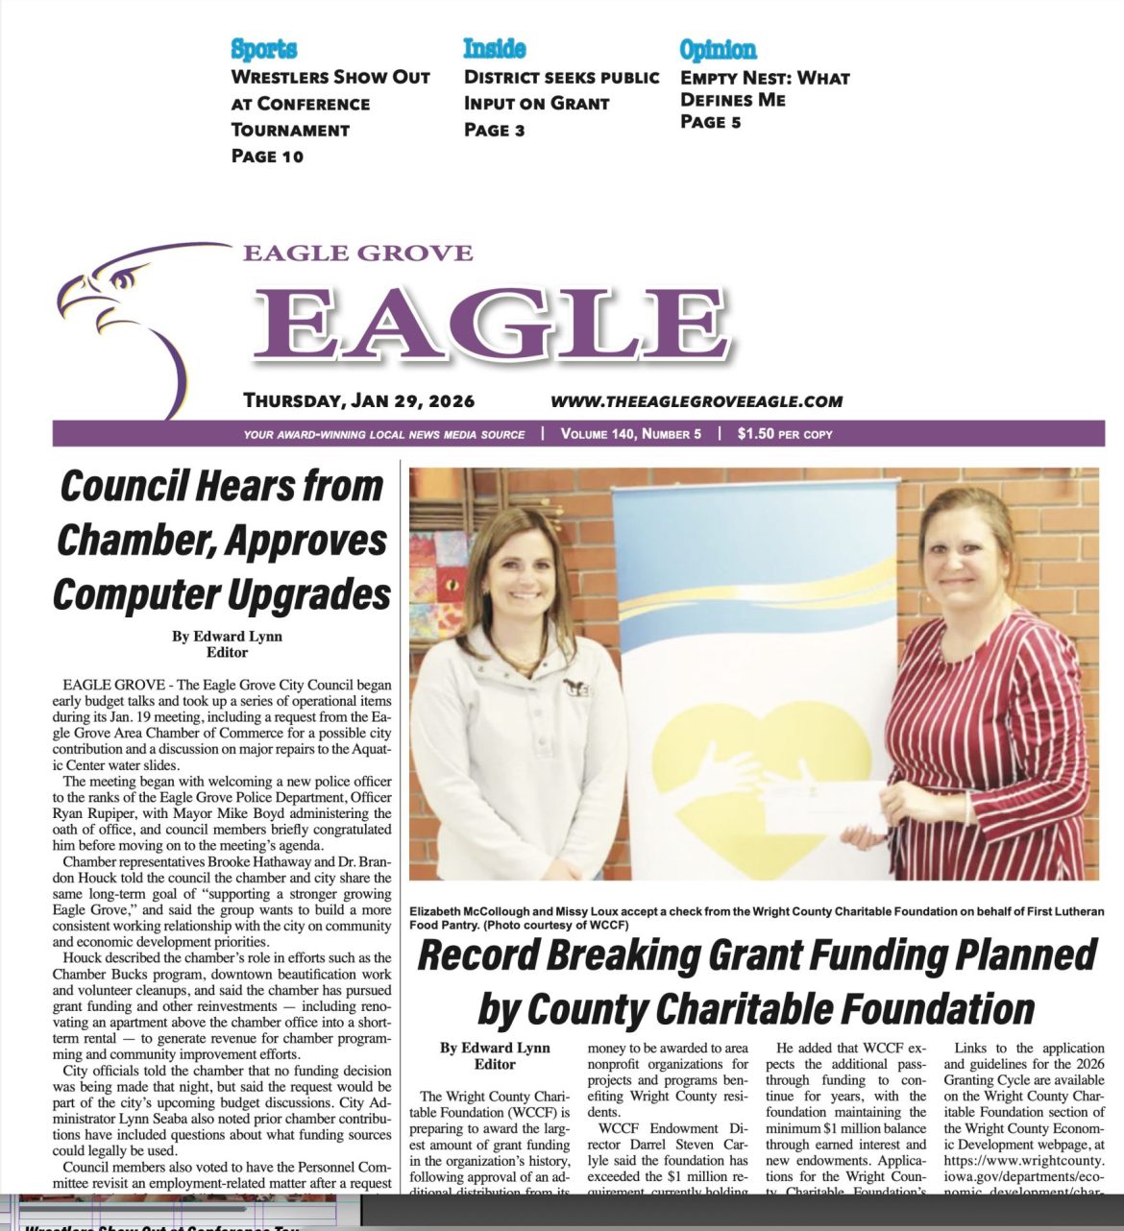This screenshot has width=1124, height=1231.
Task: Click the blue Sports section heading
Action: (264, 49)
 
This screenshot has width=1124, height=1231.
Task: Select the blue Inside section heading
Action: (494, 48)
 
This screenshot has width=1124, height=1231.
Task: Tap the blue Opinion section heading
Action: (718, 49)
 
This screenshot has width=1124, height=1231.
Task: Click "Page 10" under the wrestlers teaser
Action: (267, 156)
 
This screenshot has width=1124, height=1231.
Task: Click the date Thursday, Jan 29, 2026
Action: (358, 400)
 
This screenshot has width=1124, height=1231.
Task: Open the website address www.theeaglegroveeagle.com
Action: (696, 401)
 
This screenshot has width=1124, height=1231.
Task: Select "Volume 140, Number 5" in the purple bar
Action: (631, 434)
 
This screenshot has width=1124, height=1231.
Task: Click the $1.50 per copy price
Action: (785, 434)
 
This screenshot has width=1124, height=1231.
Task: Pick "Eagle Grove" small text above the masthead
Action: (357, 253)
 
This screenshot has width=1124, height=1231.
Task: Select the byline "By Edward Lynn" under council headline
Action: (227, 636)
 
